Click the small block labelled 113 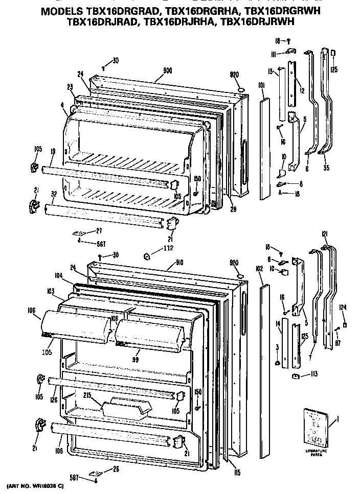point(295,377)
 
